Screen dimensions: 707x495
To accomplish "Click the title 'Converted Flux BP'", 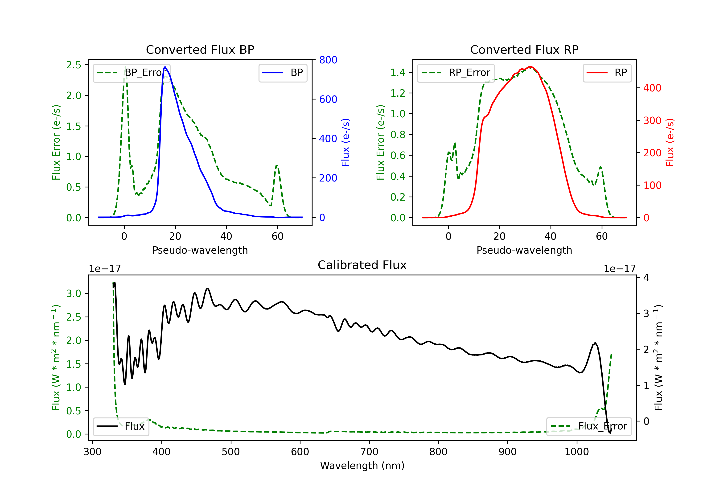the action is [x=200, y=49].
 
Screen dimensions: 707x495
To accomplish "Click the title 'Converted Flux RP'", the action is [x=524, y=49].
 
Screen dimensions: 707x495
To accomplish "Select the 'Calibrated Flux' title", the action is [x=362, y=265].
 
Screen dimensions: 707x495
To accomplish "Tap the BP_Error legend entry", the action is [x=132, y=73].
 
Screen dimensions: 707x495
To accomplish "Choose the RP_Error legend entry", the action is [x=456, y=73].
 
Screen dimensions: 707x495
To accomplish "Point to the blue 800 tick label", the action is [x=328, y=60].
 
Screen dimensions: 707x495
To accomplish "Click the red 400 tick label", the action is [x=652, y=88].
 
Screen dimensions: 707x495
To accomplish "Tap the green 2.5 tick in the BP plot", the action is [x=74, y=65].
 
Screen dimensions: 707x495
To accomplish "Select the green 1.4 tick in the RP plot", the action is [x=398, y=72].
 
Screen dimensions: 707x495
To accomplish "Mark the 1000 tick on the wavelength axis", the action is [x=577, y=452].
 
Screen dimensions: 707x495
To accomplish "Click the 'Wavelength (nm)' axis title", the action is [x=362, y=466].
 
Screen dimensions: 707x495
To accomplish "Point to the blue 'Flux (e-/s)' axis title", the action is [x=345, y=142].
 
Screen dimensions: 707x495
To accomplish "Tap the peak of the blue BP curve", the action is [x=165, y=67].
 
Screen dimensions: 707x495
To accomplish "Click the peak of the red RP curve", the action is [x=530, y=67].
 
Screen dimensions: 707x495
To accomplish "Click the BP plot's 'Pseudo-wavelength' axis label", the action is [x=200, y=250].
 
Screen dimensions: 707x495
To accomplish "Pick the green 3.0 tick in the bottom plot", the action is [x=74, y=293].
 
